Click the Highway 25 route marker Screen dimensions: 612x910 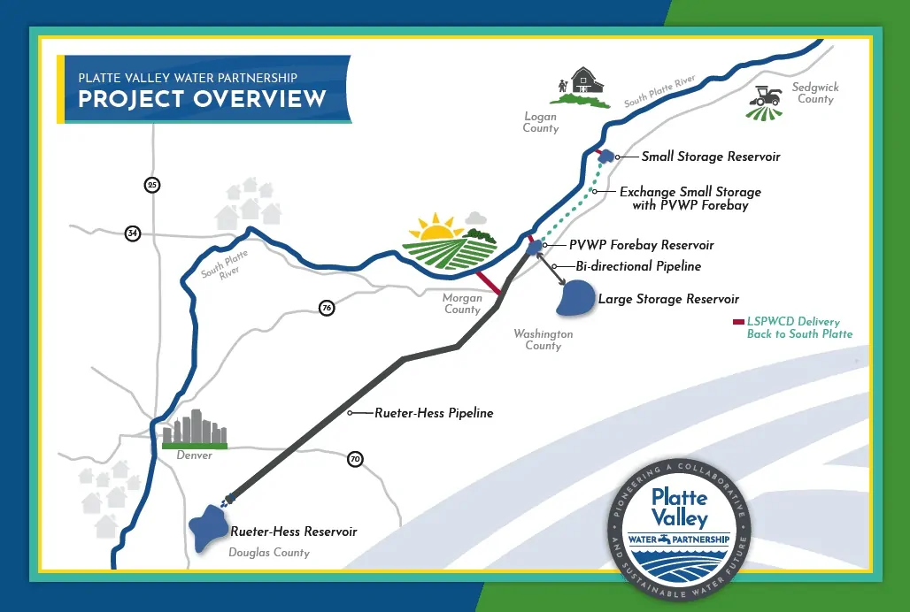pos(152,185)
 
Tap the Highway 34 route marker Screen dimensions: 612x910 pos(133,233)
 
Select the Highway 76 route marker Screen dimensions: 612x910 pos(327,308)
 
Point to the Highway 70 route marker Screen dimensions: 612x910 pos(355,459)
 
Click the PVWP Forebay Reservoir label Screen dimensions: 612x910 pos(641,245)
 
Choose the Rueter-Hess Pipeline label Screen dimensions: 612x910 pos(434,413)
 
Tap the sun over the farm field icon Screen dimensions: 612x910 pos(436,230)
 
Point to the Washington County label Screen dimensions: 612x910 pos(544,340)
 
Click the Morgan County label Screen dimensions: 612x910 pos(462,303)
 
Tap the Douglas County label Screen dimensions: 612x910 pos(269,553)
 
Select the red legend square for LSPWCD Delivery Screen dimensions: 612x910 pos(738,322)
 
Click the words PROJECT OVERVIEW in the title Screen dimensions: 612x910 pos(202,99)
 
